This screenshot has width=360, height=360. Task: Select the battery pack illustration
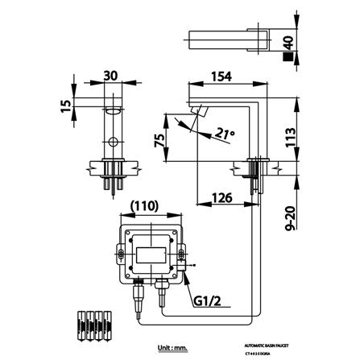coord(85,325)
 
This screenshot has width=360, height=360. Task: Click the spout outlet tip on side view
coord(193,123)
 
